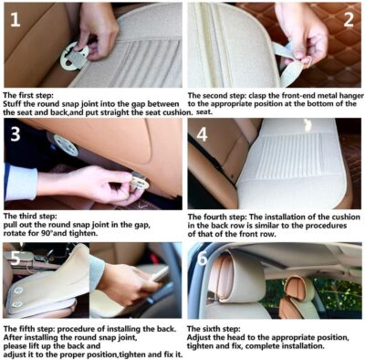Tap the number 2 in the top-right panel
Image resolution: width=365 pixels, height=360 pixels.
pyautogui.click(x=347, y=20)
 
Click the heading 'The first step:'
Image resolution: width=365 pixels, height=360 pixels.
pyautogui.click(x=33, y=95)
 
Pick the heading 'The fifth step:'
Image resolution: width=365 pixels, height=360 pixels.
pyautogui.click(x=33, y=327)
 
